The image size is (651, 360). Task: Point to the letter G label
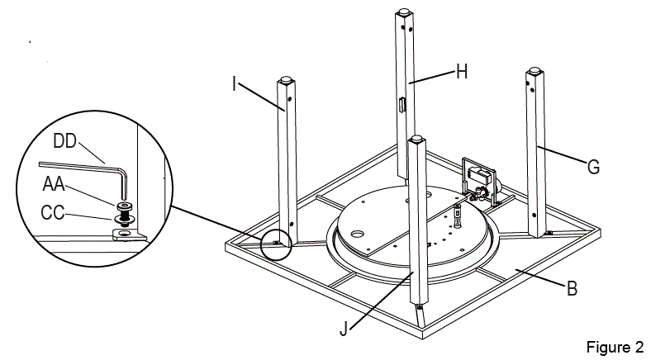(593, 167)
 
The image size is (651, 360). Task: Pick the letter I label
(235, 83)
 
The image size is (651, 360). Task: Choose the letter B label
(573, 289)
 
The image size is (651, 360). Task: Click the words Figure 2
(615, 345)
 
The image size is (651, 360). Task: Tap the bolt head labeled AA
(125, 203)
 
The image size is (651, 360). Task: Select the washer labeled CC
(125, 219)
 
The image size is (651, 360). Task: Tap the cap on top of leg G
(533, 71)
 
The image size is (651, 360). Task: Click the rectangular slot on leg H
(401, 105)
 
